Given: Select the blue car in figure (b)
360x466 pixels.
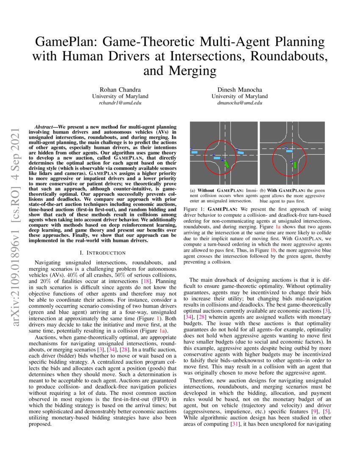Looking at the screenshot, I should coord(289,150).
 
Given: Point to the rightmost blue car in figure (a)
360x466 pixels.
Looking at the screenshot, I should coord(240,152).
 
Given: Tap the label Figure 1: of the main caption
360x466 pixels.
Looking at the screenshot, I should coord(194,209).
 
